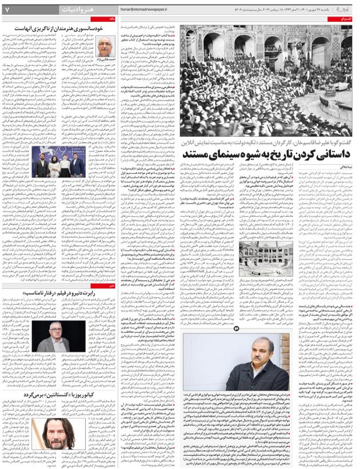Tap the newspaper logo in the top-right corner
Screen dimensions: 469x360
click(x=346, y=8)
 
